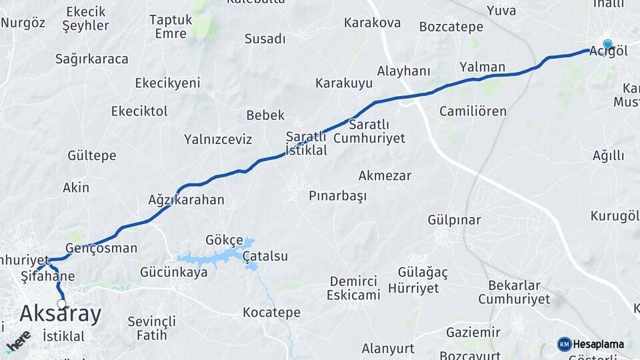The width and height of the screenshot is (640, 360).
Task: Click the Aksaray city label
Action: click(x=61, y=313)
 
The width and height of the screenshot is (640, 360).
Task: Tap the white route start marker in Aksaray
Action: click(x=62, y=304)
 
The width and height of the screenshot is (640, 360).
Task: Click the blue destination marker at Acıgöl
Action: click(x=607, y=45)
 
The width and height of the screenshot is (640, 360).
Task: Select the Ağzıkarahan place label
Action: click(x=186, y=199)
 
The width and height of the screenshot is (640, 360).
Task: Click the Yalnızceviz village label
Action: click(x=218, y=139)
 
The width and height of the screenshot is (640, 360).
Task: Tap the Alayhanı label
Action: click(x=404, y=71)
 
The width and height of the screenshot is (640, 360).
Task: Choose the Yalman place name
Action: click(x=482, y=67)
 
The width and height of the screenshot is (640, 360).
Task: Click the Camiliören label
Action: click(x=473, y=111)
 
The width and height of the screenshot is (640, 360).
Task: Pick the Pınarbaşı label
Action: click(x=338, y=196)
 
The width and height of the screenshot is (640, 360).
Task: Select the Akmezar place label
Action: click(x=385, y=176)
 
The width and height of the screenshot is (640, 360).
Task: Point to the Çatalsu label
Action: click(x=265, y=256)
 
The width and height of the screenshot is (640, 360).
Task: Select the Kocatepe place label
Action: click(x=271, y=312)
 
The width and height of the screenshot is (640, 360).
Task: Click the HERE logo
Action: click(x=18, y=341)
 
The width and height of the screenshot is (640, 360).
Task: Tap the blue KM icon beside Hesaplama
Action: click(x=565, y=344)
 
